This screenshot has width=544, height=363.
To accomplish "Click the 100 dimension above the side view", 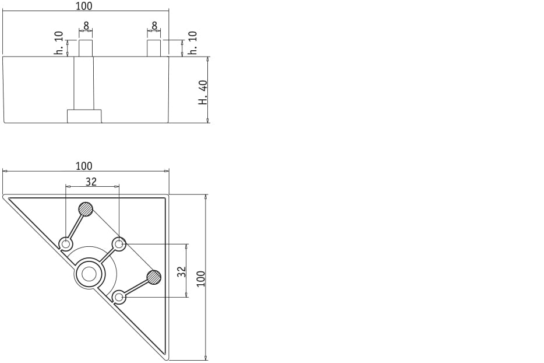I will point(84,6).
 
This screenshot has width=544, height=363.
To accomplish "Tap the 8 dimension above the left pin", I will point(86,26).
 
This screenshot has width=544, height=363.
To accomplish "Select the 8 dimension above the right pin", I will point(154,26).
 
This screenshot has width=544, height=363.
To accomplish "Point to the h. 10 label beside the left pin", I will point(59,43).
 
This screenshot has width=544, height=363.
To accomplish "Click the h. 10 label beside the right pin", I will point(193,43).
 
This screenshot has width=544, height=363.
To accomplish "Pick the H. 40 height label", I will point(203,92).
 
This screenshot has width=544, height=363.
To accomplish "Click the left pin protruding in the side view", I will point(86,48).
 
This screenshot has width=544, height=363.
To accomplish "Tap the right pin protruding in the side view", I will point(154,48).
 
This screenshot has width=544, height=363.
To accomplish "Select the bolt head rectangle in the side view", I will point(84,116).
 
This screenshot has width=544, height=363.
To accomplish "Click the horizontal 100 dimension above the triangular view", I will point(84,166).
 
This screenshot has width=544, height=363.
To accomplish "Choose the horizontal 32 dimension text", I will point(91,182).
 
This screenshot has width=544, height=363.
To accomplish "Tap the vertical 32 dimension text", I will point(182,271).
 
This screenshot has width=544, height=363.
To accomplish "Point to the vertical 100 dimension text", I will point(201,277).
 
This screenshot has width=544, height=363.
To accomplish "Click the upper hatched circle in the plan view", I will point(86,209).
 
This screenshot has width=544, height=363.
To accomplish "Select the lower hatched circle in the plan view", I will point(154,277).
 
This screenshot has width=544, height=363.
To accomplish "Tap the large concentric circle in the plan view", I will point(90,273).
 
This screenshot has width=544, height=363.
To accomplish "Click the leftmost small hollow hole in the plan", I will point(66,243).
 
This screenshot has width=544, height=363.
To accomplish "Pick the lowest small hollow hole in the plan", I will point(119,297).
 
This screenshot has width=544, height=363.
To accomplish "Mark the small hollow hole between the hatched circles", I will point(119,244).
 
